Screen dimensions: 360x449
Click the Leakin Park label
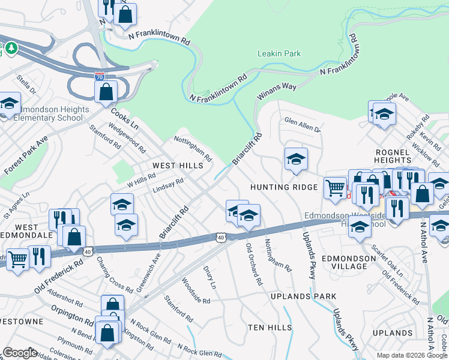279,53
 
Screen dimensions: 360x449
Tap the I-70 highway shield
100,76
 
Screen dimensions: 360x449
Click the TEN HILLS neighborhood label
270,327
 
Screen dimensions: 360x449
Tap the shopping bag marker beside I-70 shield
106,92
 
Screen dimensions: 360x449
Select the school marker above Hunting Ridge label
296,160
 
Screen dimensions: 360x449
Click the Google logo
20,353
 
